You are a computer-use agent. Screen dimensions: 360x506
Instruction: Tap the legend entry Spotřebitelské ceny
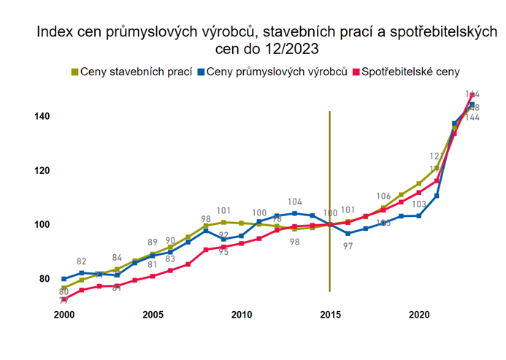(x=411, y=72)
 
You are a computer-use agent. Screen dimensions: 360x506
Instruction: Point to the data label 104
(x=295, y=202)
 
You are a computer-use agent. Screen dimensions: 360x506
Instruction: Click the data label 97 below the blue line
(x=348, y=247)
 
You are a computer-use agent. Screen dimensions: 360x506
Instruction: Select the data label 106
(x=384, y=196)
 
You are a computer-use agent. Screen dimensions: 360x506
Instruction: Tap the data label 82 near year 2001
(x=82, y=261)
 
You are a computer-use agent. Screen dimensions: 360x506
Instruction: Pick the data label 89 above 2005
(x=153, y=242)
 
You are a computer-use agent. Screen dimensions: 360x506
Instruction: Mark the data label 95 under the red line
(x=223, y=252)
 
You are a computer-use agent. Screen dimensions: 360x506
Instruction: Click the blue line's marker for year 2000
(x=64, y=279)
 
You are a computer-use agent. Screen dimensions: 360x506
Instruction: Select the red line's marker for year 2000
(x=64, y=299)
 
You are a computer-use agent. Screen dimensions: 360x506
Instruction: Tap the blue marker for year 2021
(x=437, y=196)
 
